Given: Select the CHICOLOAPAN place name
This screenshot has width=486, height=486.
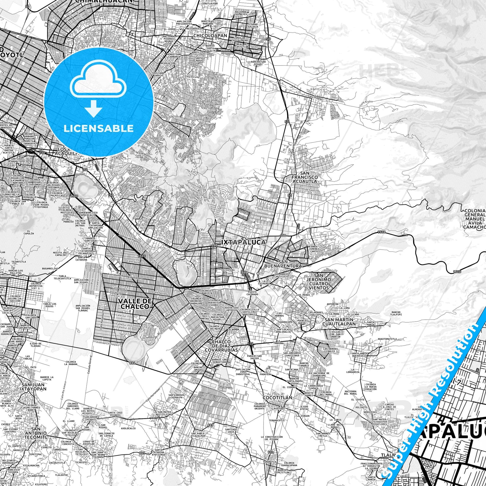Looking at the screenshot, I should point(210,36).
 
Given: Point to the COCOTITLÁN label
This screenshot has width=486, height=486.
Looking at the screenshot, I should point(277,405).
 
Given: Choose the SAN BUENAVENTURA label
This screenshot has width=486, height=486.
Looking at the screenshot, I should point(283,264).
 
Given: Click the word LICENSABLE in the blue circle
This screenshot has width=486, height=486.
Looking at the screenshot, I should point(99,128).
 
